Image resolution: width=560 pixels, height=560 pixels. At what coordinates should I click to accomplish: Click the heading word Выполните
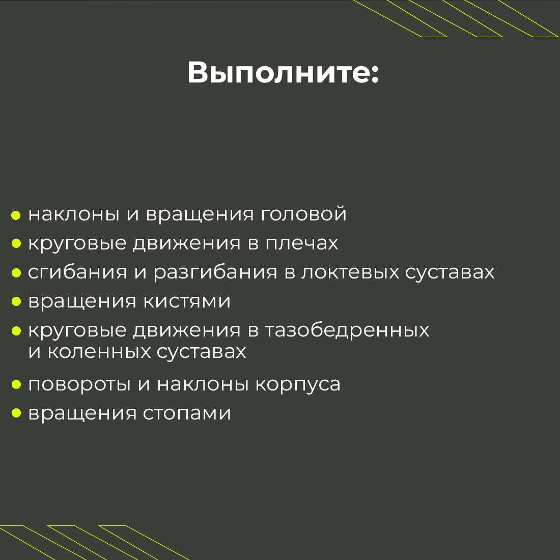coord(277,73)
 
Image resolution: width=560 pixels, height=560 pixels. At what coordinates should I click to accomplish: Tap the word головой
coord(303,214)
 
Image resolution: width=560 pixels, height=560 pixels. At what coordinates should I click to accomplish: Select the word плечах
coord(301,243)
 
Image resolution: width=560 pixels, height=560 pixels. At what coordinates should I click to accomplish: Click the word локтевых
coord(350,272)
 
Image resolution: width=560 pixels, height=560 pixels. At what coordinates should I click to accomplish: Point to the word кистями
coord(186,301)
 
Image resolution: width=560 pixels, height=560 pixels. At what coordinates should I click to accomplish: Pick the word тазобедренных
coord(347,330)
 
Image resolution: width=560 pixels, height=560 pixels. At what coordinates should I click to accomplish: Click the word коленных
coord(98,352)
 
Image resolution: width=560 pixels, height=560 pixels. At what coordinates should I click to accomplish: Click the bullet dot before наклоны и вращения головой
coord(16,215)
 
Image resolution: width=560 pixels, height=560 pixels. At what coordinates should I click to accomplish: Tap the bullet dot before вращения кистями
coord(16,302)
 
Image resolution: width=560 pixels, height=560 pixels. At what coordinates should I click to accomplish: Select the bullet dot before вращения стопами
coord(16,413)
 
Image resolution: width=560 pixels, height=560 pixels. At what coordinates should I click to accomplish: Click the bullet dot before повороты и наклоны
coord(16,384)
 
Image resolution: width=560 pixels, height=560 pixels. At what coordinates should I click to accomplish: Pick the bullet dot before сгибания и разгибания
coord(16,273)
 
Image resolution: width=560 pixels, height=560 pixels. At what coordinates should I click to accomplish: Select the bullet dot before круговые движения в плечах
coord(16,244)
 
